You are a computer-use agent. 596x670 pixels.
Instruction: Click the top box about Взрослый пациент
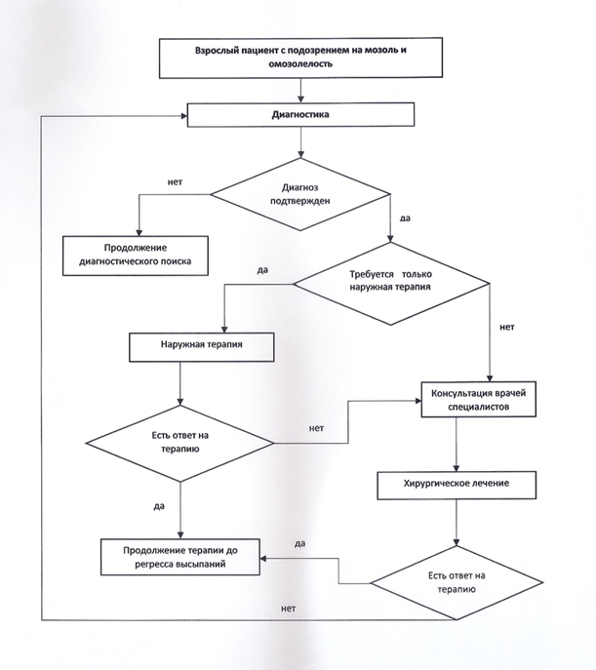click(x=300, y=58)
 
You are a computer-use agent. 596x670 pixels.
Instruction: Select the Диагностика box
click(x=300, y=114)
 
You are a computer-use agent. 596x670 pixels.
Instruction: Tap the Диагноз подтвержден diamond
click(x=300, y=194)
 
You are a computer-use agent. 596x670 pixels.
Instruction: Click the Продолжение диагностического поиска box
click(x=136, y=256)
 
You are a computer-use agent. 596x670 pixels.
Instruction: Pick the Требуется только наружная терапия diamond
click(x=390, y=283)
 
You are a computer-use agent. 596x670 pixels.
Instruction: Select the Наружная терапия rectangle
click(x=202, y=347)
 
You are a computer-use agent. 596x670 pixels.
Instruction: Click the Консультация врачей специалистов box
click(x=479, y=400)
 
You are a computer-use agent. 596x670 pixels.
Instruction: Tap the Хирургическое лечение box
click(x=457, y=485)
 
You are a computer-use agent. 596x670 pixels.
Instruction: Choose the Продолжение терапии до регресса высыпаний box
click(x=180, y=557)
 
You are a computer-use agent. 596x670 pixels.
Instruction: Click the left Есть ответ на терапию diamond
click(x=179, y=444)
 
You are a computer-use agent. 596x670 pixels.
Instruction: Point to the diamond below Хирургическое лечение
click(x=457, y=583)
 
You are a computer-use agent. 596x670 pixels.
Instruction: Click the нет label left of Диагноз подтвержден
click(x=175, y=182)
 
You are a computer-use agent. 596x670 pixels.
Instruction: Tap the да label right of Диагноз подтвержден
click(x=405, y=218)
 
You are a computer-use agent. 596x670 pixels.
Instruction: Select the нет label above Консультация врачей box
click(x=507, y=327)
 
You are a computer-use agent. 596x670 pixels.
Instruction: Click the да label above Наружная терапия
click(x=262, y=270)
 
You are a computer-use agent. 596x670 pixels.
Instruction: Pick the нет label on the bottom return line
click(x=289, y=609)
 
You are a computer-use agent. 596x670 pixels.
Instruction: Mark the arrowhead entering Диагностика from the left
click(x=184, y=116)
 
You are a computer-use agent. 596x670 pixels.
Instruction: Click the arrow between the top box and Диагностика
click(x=300, y=90)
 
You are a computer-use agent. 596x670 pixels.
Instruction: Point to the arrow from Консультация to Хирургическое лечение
click(x=457, y=445)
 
